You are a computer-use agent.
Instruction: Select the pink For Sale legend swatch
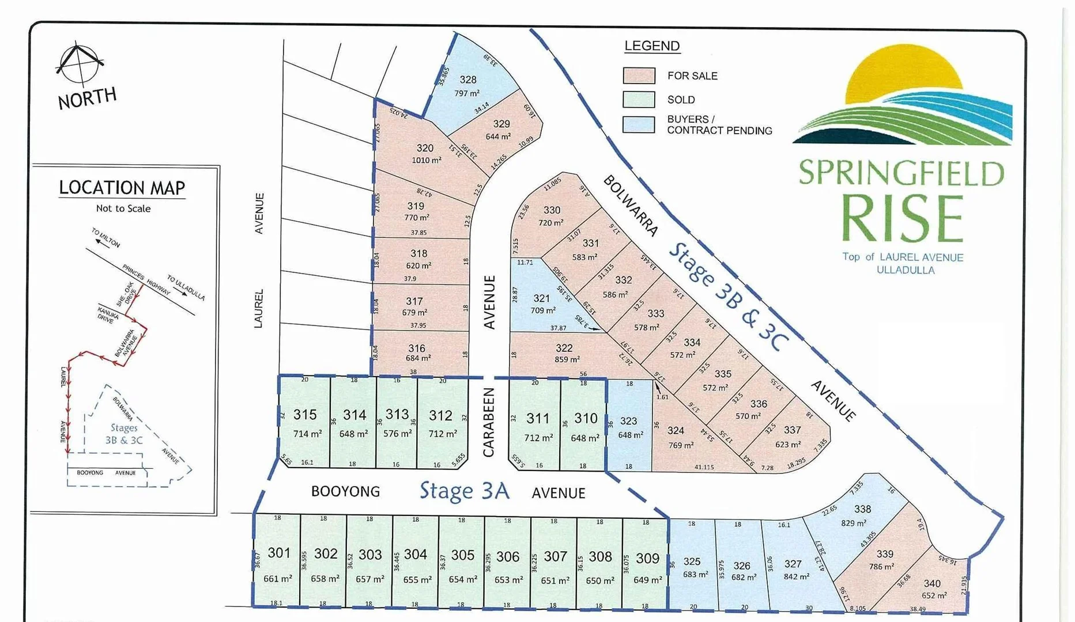(x=639, y=75)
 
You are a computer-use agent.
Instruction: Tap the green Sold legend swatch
(x=639, y=100)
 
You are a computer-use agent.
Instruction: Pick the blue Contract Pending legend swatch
(x=639, y=124)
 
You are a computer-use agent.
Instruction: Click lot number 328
(x=467, y=80)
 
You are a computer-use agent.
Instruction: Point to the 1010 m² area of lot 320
(x=426, y=160)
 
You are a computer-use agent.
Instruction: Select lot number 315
(x=304, y=415)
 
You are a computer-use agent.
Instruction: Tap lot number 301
(x=279, y=553)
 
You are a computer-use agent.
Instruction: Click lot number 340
(x=931, y=583)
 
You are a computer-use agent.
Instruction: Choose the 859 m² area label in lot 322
(x=567, y=359)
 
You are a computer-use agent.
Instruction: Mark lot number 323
(x=628, y=421)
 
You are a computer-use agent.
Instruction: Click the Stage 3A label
(x=464, y=491)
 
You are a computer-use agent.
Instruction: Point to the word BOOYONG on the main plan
(x=345, y=491)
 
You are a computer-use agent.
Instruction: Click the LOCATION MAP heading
(x=122, y=188)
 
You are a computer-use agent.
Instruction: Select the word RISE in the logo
(x=902, y=219)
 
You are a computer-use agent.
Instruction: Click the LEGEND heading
(x=652, y=46)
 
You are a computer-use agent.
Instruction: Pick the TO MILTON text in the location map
(x=106, y=237)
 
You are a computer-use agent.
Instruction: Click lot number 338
(x=862, y=509)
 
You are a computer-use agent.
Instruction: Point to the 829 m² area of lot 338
(x=853, y=523)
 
